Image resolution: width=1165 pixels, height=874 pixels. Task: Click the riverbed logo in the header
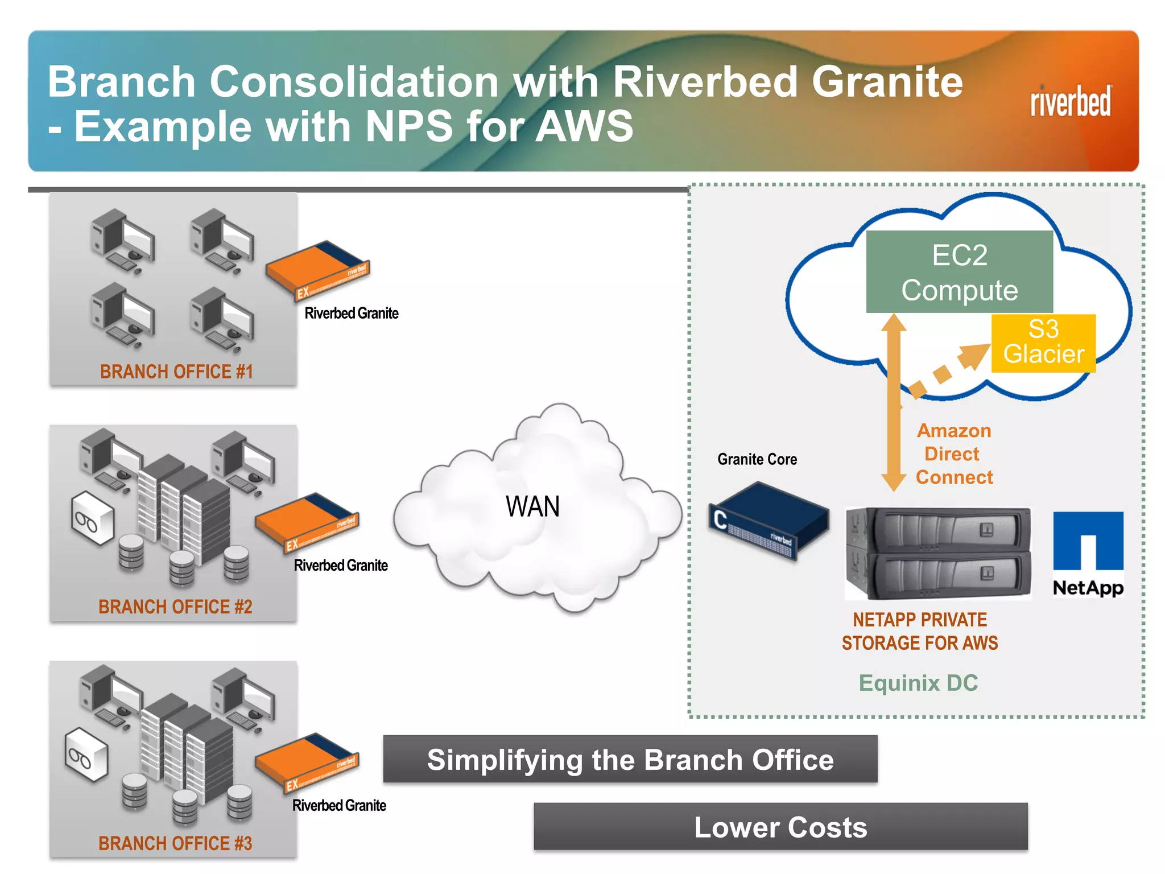[x=1070, y=102]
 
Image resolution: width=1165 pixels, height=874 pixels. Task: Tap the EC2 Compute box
[x=959, y=272]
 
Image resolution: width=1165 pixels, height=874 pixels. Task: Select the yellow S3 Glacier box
[x=1043, y=343]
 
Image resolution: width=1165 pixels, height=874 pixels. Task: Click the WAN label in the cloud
[x=532, y=506]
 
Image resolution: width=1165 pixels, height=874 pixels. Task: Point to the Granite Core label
[x=757, y=459]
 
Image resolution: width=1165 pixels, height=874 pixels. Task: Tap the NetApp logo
[x=1088, y=554]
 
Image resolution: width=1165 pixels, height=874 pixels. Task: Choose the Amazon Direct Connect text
[x=954, y=454]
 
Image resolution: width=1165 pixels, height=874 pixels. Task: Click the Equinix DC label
[x=918, y=683]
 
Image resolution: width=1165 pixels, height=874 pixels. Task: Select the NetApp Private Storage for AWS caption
[x=920, y=631]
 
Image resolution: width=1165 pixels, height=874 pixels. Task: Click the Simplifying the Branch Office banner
[x=630, y=760]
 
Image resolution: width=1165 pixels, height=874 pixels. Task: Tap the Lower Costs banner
[x=780, y=827]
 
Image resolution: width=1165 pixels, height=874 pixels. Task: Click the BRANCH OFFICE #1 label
[x=176, y=372]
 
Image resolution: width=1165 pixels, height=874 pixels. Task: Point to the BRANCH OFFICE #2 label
[x=175, y=607]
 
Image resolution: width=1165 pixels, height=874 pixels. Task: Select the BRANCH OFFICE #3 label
[x=175, y=843]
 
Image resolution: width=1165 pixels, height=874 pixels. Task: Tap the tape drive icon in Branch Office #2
[x=92, y=518]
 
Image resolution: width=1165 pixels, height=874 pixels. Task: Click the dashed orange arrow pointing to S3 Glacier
[x=948, y=370]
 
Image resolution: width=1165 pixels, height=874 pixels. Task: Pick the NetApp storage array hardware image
[x=938, y=553]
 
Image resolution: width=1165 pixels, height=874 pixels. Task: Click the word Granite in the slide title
[x=887, y=82]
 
